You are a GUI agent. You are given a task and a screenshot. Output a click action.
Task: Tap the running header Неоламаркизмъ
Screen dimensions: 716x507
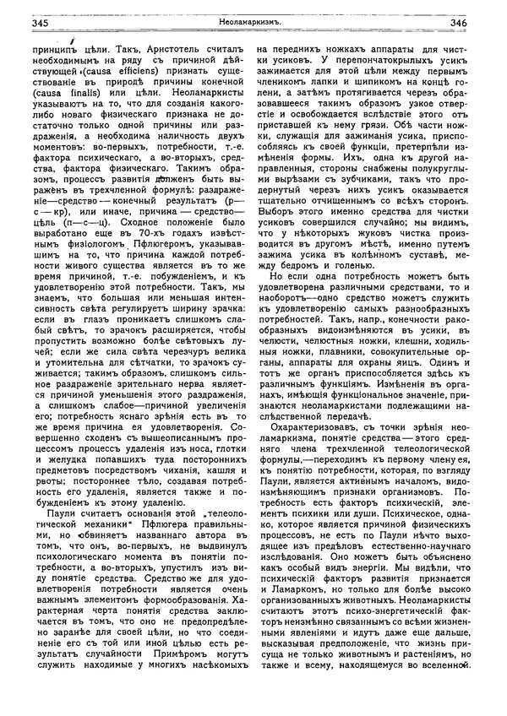tap(252, 23)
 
